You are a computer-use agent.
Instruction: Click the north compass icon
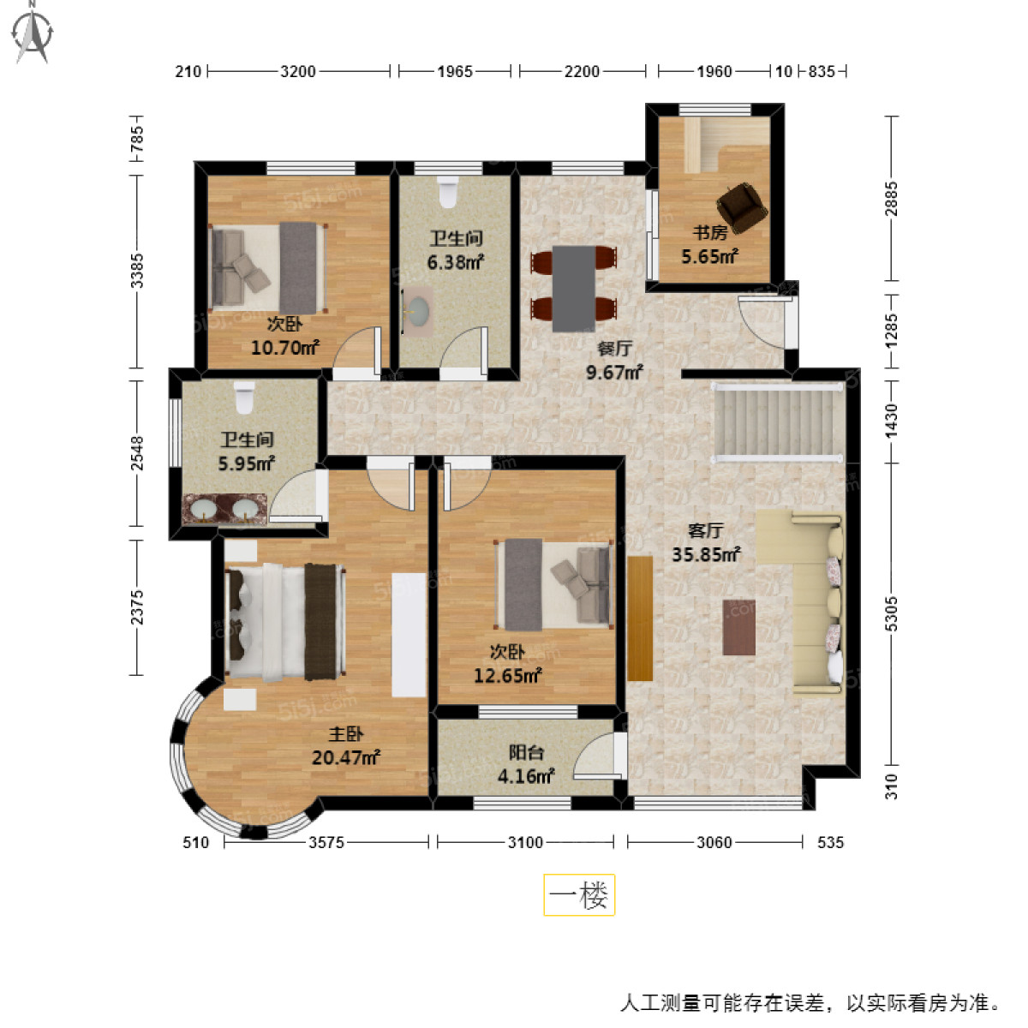[33, 33]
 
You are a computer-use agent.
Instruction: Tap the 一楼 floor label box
[579, 895]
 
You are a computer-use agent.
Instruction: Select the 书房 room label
[709, 232]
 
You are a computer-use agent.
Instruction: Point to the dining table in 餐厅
[573, 289]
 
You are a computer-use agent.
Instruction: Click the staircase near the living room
[778, 422]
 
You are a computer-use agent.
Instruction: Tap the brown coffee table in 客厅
[738, 627]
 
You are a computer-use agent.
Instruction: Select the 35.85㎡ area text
[706, 554]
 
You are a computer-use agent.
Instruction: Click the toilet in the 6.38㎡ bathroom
[448, 192]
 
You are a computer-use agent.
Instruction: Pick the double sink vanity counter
[224, 510]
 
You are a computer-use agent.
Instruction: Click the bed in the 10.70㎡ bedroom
[268, 266]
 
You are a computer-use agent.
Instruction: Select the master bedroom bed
[284, 622]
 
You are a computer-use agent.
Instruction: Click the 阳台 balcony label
[526, 753]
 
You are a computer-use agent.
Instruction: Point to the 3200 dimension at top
[298, 71]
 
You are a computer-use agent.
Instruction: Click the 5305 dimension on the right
[892, 613]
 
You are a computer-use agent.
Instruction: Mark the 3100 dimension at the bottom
[525, 842]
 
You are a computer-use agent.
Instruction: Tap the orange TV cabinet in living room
[640, 618]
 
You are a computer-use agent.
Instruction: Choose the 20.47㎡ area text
[346, 757]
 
